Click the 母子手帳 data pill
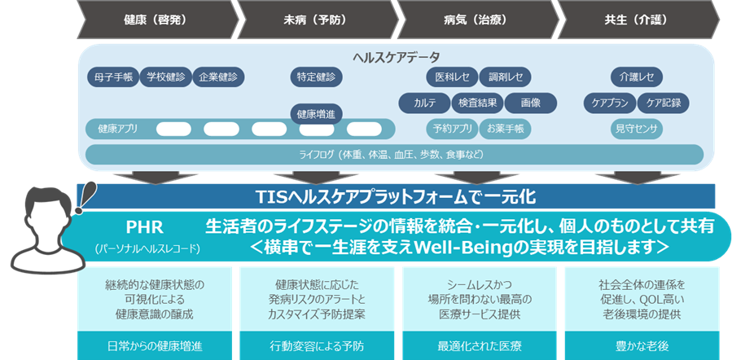click(x=112, y=77)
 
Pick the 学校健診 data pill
click(x=165, y=77)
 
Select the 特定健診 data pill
click(x=316, y=77)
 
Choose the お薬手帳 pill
click(x=505, y=129)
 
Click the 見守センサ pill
click(x=637, y=129)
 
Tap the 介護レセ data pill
click(x=637, y=77)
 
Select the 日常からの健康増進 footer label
click(x=155, y=345)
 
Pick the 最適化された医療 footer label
click(x=477, y=345)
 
